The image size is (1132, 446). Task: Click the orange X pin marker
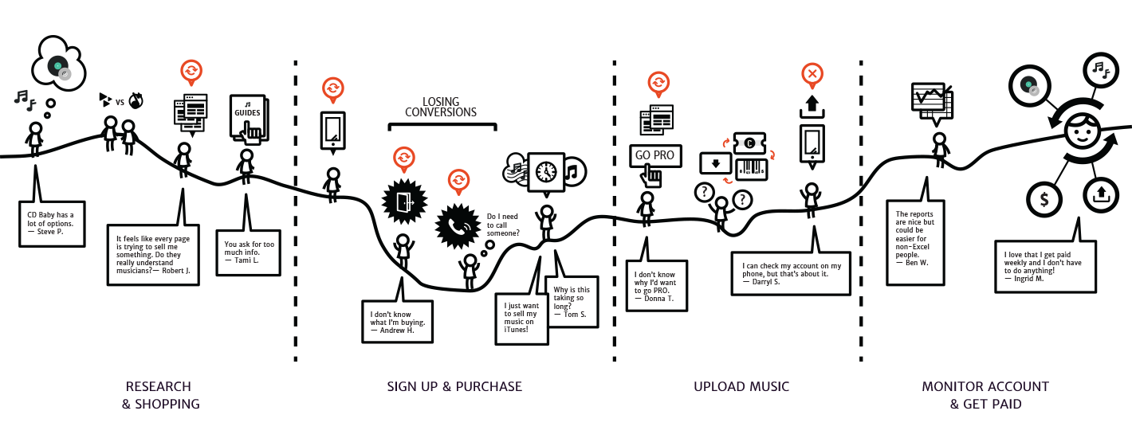(x=812, y=75)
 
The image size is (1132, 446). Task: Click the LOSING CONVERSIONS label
(x=440, y=108)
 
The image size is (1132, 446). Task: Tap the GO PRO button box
(x=654, y=155)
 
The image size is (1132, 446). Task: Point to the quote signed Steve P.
(x=52, y=223)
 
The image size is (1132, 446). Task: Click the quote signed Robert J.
(x=153, y=254)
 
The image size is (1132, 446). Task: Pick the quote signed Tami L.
(x=248, y=252)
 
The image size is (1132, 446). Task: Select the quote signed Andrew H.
(x=397, y=321)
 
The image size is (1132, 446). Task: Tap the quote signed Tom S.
(x=571, y=302)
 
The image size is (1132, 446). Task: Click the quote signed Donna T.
(x=656, y=285)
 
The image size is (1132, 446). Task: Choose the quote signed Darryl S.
(x=790, y=273)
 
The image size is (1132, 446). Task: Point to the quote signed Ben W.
(x=916, y=238)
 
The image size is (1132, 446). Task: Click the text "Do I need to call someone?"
(x=504, y=225)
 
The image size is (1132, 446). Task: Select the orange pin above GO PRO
(x=658, y=83)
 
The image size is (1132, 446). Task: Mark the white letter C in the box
(x=749, y=143)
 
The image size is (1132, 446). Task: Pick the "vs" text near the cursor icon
(x=120, y=102)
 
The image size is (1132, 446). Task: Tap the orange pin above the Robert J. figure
(x=191, y=72)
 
